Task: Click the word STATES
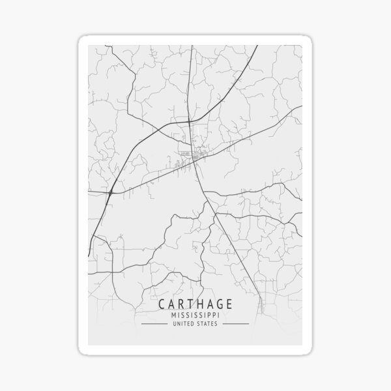pyautogui.click(x=208, y=323)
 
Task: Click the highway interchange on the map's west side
pyautogui.click(x=111, y=192)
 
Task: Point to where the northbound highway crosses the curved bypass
pyautogui.click(x=189, y=121)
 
